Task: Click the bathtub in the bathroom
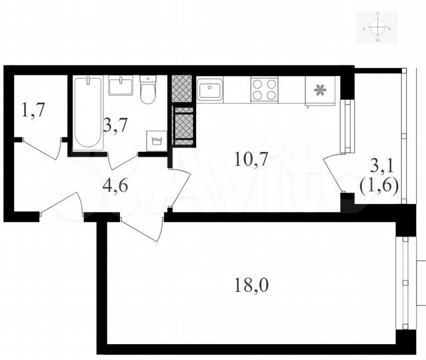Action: [x=87, y=112]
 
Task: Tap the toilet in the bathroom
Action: [x=148, y=90]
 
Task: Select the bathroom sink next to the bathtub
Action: [x=121, y=86]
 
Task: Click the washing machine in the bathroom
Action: [x=155, y=139]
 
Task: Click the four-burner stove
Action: [x=264, y=89]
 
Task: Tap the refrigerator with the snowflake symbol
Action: [x=320, y=91]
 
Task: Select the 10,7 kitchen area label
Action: [x=247, y=159]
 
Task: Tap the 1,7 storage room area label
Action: [x=33, y=110]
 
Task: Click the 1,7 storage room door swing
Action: [x=44, y=150]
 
